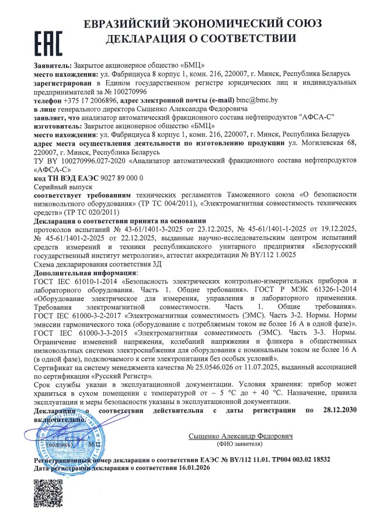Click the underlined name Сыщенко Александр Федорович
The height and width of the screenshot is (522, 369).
click(240, 436)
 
